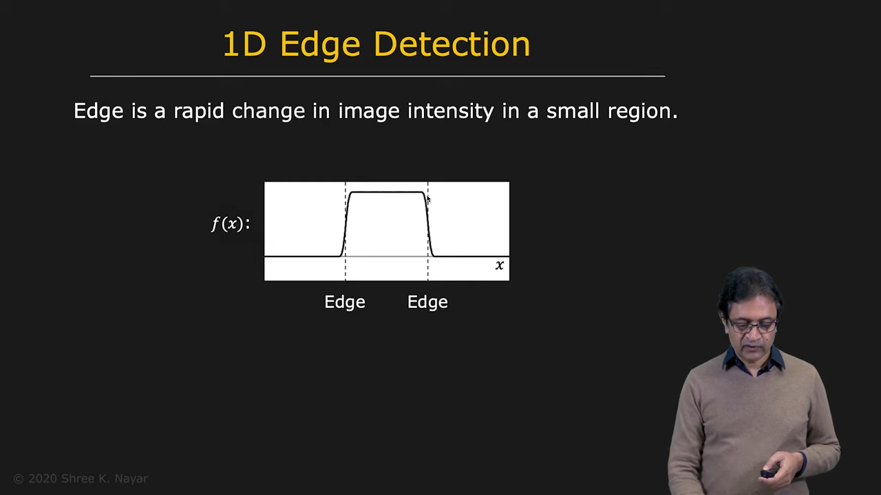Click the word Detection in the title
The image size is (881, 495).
[452, 45]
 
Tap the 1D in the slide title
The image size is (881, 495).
[244, 45]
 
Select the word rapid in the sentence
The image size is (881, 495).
[199, 111]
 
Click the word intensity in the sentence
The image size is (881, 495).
[450, 111]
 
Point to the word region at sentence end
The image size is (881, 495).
[643, 111]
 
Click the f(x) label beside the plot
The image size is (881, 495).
[230, 224]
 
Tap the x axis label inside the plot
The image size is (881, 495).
[500, 265]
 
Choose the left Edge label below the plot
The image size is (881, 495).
[345, 302]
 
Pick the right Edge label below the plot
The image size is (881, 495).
[427, 302]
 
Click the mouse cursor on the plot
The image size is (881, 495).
[428, 199]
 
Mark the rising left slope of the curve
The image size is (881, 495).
[346, 224]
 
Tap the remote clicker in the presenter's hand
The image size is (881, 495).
[769, 472]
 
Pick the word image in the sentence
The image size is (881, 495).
[369, 111]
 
